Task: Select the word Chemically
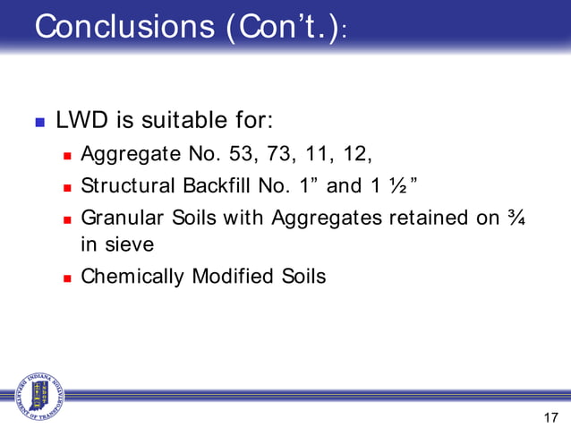coord(132,276)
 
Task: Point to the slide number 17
coord(550,416)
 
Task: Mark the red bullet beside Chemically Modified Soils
coord(67,276)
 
